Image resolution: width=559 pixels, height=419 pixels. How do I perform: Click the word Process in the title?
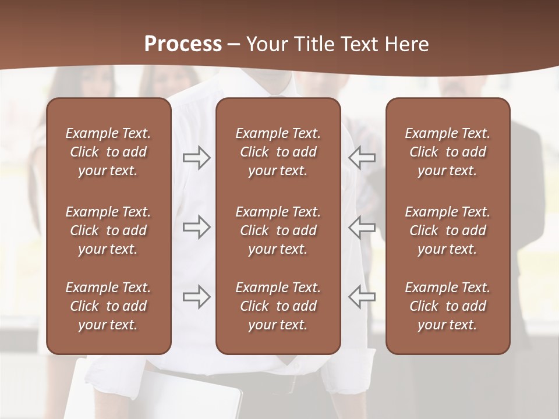(x=183, y=44)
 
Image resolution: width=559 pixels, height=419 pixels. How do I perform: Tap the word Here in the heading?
(x=406, y=44)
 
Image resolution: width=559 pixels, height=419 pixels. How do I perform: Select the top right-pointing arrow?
(x=196, y=157)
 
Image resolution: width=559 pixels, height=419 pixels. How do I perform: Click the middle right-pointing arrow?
(x=196, y=227)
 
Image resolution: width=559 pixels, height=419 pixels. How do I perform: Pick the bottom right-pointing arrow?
(x=196, y=297)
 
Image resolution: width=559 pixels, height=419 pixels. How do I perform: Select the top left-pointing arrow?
(x=362, y=157)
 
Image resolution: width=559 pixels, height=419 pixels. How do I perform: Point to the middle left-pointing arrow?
(x=362, y=227)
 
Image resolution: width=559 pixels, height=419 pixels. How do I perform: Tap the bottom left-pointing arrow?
(x=362, y=297)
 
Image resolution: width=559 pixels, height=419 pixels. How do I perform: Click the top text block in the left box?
(x=108, y=152)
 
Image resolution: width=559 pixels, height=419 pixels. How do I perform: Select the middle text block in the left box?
(x=108, y=230)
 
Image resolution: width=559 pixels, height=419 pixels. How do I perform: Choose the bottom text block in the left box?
(x=108, y=306)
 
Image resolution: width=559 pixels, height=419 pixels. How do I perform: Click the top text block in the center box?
(x=278, y=152)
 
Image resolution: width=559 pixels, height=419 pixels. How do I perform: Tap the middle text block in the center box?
(x=278, y=230)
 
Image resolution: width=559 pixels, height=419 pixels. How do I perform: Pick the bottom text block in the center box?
(x=278, y=306)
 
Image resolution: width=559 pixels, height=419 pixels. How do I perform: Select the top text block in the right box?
(x=447, y=152)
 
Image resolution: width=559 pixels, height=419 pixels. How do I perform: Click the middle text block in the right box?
(x=447, y=230)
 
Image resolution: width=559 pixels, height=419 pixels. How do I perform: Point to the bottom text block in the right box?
(x=447, y=306)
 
